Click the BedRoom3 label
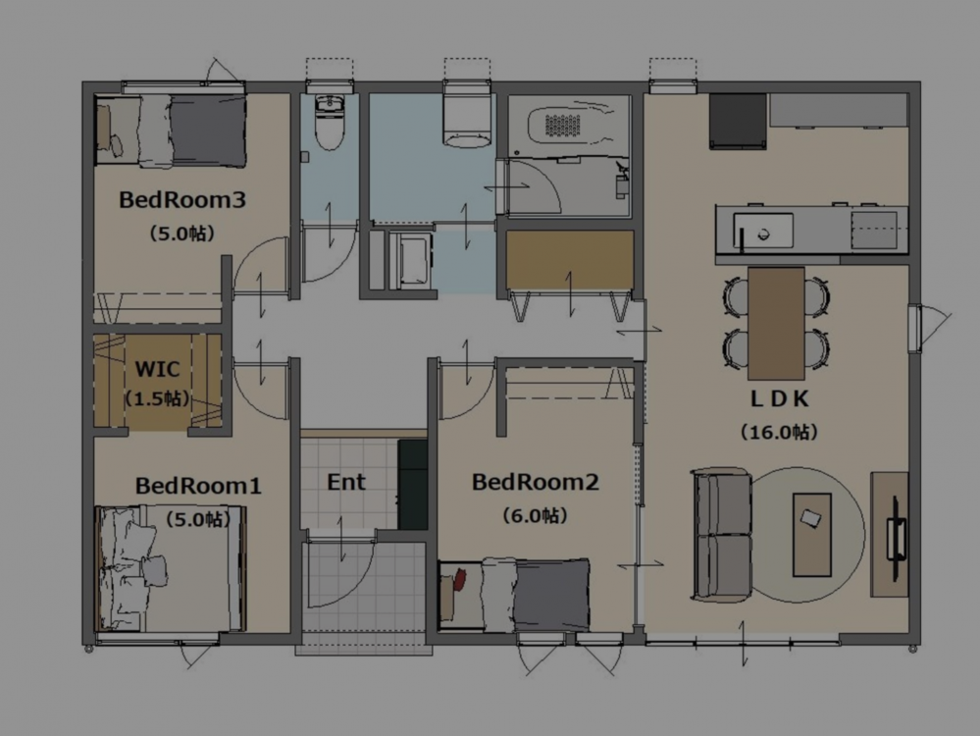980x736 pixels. coord(181,200)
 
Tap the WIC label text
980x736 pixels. coord(157,369)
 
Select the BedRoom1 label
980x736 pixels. coord(198,486)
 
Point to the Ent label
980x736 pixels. coord(346,482)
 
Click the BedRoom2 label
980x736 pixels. coord(535,482)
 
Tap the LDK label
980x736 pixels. coord(779,399)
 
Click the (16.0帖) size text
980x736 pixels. coord(779,432)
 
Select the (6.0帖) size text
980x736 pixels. coord(535,516)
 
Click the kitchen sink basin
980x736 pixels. coord(763,231)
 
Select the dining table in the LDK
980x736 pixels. coord(776,323)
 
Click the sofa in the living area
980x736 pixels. coord(721,535)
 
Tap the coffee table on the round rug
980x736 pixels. coord(812,535)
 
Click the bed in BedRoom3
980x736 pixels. coord(170,131)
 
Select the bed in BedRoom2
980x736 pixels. coord(514,595)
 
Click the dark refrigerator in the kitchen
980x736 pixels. coord(738,122)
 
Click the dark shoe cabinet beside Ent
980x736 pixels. coord(412,485)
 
